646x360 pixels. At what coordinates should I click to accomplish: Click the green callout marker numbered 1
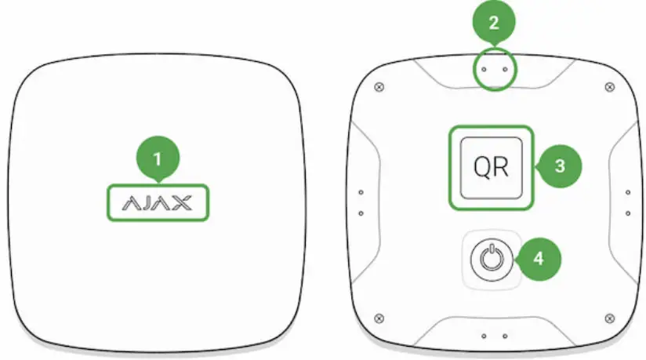[x=157, y=159]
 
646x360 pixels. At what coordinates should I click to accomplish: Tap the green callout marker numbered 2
[x=493, y=22]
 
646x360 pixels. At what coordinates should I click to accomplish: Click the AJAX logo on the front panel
[x=157, y=203]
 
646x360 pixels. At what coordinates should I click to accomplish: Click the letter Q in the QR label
[x=481, y=168]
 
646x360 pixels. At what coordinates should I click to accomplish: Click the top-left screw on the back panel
[x=379, y=86]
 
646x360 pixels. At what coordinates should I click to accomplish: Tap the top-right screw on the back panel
[x=611, y=86]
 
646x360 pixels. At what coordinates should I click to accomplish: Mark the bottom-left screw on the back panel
[x=379, y=317]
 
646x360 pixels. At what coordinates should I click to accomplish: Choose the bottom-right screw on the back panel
[x=611, y=317]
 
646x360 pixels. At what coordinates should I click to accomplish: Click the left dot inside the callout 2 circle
[x=484, y=69]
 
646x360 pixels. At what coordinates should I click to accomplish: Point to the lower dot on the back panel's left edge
[x=361, y=213]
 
